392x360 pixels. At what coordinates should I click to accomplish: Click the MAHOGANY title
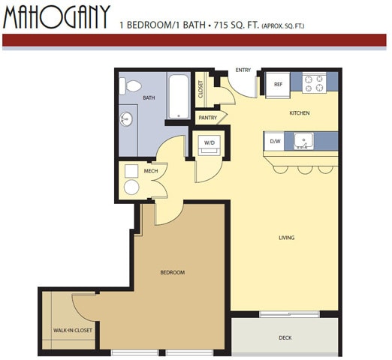pyautogui.click(x=56, y=16)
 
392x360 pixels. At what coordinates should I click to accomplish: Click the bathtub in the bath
pyautogui.click(x=179, y=95)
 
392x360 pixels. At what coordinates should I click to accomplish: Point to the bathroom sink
pyautogui.click(x=125, y=118)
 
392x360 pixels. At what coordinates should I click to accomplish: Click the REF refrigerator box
pyautogui.click(x=278, y=84)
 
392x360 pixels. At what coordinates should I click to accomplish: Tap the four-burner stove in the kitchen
pyautogui.click(x=314, y=83)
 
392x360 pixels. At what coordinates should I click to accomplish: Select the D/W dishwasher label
pyautogui.click(x=276, y=139)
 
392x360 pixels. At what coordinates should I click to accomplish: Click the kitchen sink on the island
pyautogui.click(x=304, y=139)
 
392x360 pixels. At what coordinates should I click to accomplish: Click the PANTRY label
pyautogui.click(x=207, y=118)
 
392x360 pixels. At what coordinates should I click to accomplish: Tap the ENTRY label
pyautogui.click(x=243, y=70)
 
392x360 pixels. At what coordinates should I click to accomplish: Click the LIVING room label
pyautogui.click(x=286, y=238)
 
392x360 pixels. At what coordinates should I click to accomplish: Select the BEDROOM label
pyautogui.click(x=172, y=272)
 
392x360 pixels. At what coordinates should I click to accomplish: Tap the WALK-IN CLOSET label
pyautogui.click(x=73, y=330)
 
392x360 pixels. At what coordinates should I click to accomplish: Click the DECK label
pyautogui.click(x=285, y=337)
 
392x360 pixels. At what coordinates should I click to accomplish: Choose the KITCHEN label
pyautogui.click(x=300, y=113)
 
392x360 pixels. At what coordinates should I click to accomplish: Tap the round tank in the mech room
pyautogui.click(x=131, y=187)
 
